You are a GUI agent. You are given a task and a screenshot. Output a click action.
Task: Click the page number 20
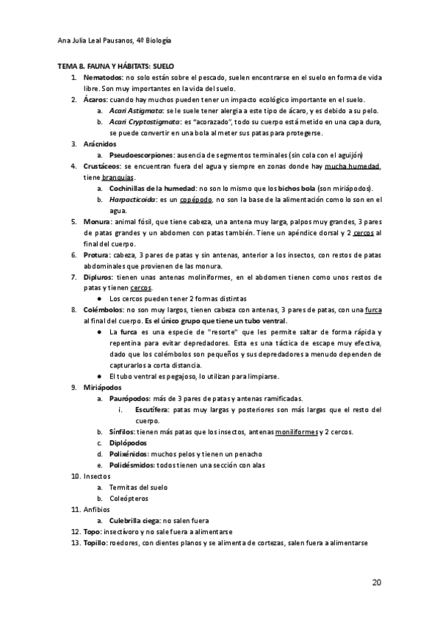(376, 583)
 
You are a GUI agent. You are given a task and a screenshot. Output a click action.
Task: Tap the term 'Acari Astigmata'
(135, 110)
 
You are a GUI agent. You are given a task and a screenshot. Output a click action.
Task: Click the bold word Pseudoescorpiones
(142, 155)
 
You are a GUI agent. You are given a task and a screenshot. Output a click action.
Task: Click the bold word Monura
(97, 221)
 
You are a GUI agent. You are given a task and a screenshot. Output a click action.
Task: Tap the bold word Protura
(98, 254)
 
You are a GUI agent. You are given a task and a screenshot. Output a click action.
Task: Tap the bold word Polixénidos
(132, 454)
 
